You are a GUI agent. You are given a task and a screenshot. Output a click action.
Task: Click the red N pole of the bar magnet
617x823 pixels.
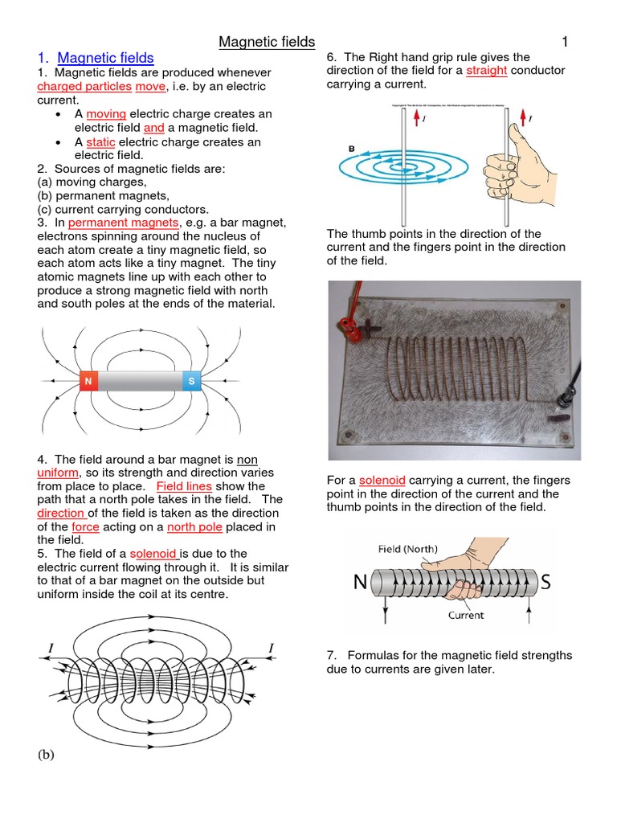[88, 380]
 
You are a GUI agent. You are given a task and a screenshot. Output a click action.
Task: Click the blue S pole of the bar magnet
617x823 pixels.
[191, 380]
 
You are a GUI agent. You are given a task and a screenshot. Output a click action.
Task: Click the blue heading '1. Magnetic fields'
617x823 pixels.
[96, 58]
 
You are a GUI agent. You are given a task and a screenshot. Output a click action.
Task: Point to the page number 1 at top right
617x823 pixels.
[564, 41]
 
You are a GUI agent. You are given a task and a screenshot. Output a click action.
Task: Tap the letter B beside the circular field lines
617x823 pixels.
[350, 147]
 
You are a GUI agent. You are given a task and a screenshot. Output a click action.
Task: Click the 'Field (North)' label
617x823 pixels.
[408, 550]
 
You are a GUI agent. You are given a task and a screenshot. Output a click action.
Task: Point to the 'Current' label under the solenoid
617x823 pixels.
[466, 615]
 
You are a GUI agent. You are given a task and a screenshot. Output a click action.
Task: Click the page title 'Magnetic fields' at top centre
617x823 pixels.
[268, 41]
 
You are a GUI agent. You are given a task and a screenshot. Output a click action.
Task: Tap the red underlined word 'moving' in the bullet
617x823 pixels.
[106, 114]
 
